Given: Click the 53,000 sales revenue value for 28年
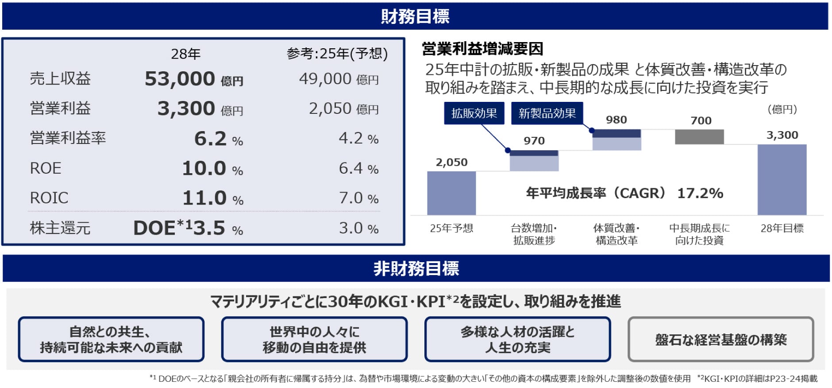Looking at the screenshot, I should pyautogui.click(x=180, y=79).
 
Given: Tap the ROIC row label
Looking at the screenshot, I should pyautogui.click(x=49, y=198).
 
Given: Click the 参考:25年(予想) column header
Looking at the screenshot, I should pyautogui.click(x=337, y=54).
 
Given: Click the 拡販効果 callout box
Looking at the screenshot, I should pyautogui.click(x=474, y=113).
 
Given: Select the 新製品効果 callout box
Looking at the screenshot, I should pyautogui.click(x=547, y=113).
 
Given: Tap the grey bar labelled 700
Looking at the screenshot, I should pyautogui.click(x=699, y=137).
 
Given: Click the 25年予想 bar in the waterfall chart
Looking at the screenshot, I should pyautogui.click(x=451, y=193).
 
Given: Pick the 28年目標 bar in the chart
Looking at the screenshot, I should pyautogui.click(x=782, y=180).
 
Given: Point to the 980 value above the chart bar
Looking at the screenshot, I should pyautogui.click(x=616, y=120).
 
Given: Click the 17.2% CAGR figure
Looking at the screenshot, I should pyautogui.click(x=700, y=193).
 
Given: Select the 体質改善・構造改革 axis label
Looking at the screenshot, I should pyautogui.click(x=616, y=234).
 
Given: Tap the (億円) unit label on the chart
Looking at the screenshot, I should pyautogui.click(x=782, y=109).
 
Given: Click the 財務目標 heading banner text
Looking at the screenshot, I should pyautogui.click(x=415, y=17).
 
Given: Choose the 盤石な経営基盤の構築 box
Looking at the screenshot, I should pyautogui.click(x=720, y=340).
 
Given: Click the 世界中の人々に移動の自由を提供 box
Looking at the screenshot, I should pyautogui.click(x=314, y=340).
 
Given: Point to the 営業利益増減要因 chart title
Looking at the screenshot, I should pyautogui.click(x=482, y=49).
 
